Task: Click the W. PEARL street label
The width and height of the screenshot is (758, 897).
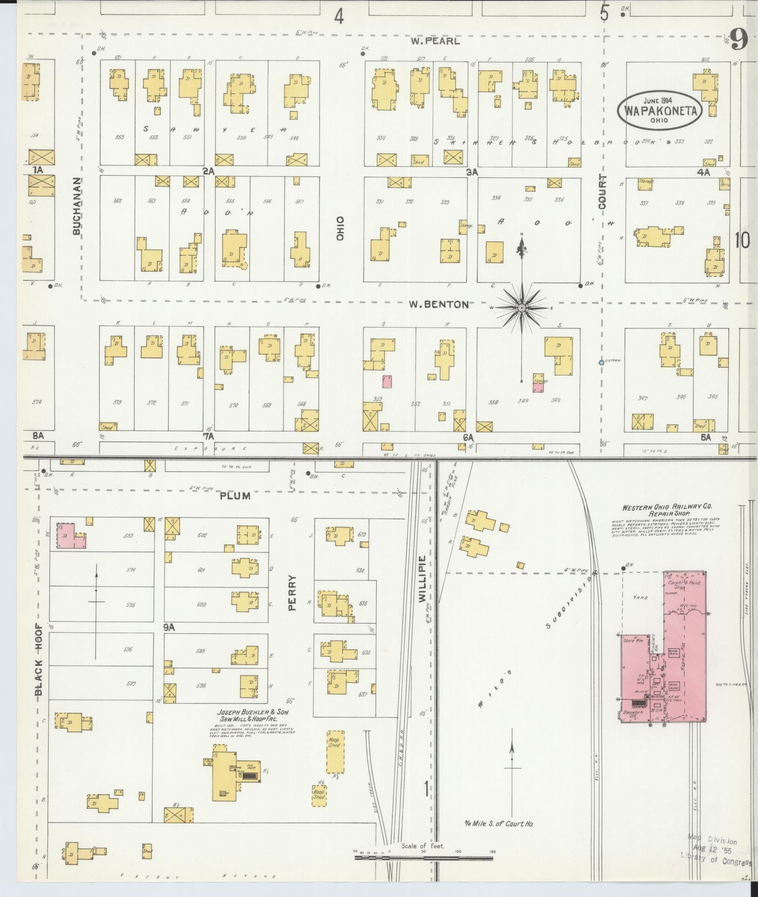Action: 435,41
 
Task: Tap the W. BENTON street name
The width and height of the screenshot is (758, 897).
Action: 439,305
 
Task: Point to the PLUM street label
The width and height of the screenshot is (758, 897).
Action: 235,496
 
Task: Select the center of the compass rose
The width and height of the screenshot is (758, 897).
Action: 522,308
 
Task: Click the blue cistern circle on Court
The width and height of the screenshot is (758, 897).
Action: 601,362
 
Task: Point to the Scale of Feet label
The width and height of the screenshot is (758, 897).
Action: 423,846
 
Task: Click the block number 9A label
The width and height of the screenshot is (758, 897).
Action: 169,627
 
